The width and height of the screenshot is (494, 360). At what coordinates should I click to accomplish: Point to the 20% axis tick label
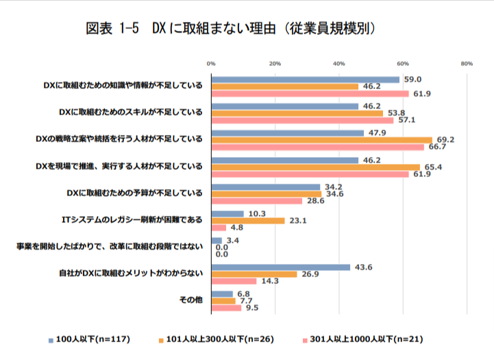(275, 63)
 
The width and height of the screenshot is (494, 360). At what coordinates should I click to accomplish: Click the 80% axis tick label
(467, 63)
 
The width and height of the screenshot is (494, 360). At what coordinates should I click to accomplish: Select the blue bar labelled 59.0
(305, 79)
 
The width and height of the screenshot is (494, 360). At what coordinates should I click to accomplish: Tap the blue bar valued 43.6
(281, 267)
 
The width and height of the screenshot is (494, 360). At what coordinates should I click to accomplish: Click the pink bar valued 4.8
(219, 228)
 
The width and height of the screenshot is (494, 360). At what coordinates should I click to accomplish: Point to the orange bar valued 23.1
(248, 221)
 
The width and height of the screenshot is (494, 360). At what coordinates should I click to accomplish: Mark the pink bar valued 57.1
(302, 120)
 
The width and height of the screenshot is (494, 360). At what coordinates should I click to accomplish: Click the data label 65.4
(432, 167)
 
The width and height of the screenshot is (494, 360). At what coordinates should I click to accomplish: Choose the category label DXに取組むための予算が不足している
(131, 193)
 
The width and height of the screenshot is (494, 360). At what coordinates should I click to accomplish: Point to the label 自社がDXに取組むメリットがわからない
(130, 274)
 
